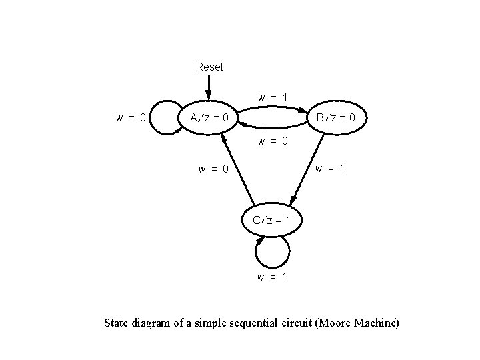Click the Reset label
pyautogui.click(x=209, y=67)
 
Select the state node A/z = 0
pyautogui.click(x=209, y=118)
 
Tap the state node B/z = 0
pyautogui.click(x=339, y=118)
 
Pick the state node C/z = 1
pyautogui.click(x=271, y=220)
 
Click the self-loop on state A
pyautogui.click(x=164, y=117)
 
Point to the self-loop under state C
pyautogui.click(x=272, y=253)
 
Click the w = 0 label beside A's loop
pyautogui.click(x=131, y=118)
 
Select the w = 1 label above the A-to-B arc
pyautogui.click(x=273, y=97)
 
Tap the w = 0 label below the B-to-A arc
pyautogui.click(x=273, y=141)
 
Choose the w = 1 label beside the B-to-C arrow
pyautogui.click(x=330, y=168)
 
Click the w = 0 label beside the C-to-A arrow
pyautogui.click(x=213, y=169)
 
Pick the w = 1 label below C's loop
pyautogui.click(x=273, y=277)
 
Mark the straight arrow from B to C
pyautogui.click(x=308, y=167)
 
